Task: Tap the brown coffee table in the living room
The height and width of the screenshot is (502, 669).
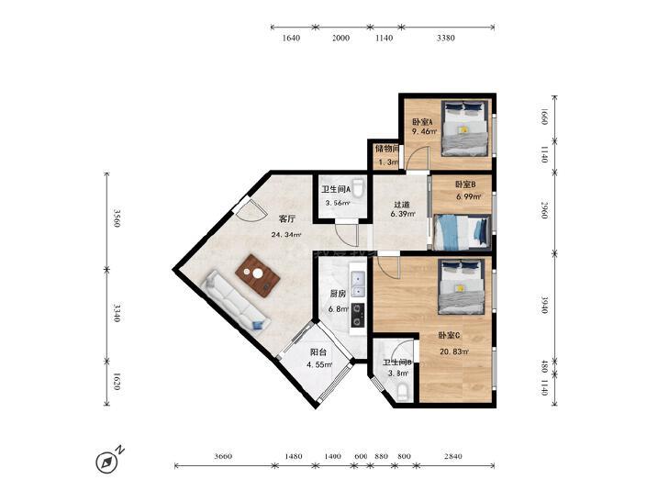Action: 258,275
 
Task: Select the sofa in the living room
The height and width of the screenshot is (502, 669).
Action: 237,301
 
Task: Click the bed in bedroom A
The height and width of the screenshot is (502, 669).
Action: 464,128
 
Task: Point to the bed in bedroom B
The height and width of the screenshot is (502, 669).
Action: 462,231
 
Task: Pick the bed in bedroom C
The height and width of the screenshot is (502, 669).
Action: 462,287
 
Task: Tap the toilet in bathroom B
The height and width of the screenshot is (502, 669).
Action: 403,393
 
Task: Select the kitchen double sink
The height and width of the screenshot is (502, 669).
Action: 357,284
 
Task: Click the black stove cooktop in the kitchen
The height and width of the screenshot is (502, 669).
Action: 358,315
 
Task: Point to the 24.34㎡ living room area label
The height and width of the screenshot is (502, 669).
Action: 285,235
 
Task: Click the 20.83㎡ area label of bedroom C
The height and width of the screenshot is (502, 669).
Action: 454,351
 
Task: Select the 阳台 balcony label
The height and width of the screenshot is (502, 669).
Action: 318,352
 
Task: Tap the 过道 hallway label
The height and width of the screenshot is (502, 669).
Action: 402,204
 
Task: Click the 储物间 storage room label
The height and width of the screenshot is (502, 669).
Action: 386,149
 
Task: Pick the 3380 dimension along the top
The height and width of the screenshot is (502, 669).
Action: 445,38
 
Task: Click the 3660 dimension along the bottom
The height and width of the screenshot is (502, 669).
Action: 223,456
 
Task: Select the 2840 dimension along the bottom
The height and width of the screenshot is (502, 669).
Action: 452,456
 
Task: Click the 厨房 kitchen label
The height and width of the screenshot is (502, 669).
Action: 338,294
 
